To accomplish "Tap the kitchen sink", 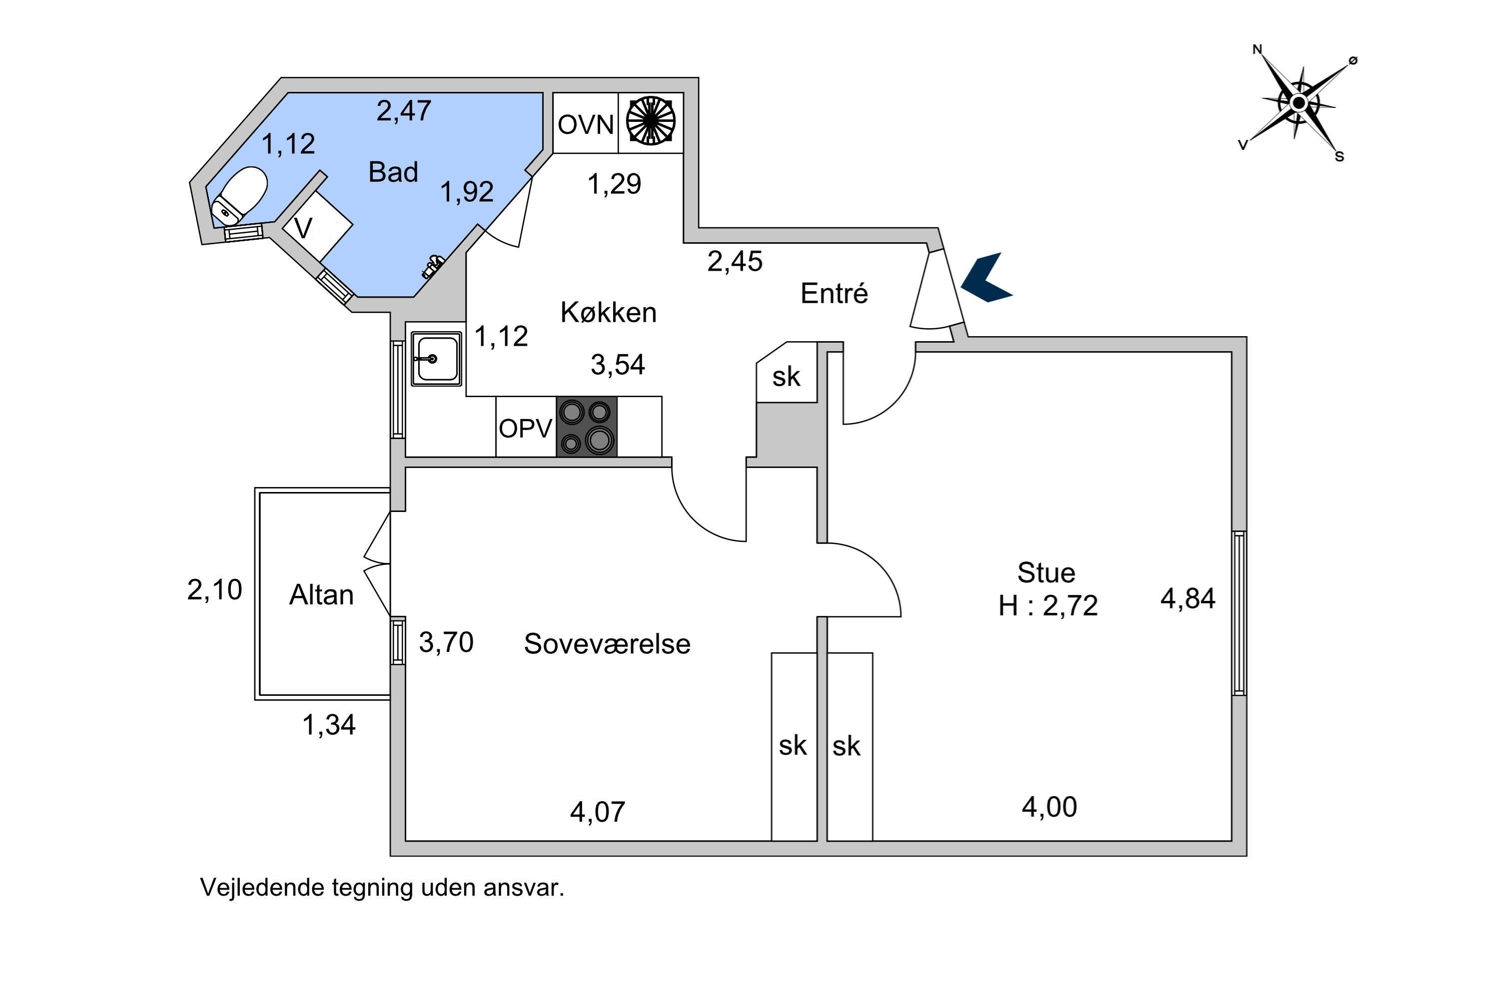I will click(436, 359).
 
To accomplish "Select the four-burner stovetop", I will click(586, 426).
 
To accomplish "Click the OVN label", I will click(585, 124).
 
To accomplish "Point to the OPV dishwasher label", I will click(525, 429).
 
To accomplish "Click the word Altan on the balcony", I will click(321, 595).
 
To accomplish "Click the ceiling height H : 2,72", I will click(1048, 606).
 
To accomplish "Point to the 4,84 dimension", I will click(1187, 599).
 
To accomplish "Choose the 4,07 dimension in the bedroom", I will click(597, 812).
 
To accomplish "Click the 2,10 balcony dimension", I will click(214, 590).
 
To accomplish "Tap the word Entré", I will click(833, 294).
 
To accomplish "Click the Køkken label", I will click(608, 313).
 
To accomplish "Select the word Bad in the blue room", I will click(393, 172).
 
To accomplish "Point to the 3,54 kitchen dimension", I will click(618, 365).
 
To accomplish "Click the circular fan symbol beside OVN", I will click(650, 120).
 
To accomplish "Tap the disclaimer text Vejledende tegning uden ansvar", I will click(382, 888).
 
